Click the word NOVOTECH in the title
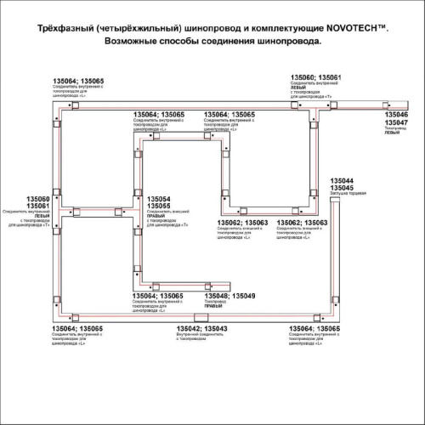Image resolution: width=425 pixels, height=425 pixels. click(348, 28)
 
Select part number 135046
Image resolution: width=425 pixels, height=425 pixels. click(396, 114)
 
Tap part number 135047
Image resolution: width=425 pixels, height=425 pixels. click(396, 123)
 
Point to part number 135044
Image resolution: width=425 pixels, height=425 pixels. click(341, 180)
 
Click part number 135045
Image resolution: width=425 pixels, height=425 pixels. click(341, 188)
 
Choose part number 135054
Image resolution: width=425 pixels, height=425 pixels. click(159, 199)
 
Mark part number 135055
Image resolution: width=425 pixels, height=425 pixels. click(159, 207)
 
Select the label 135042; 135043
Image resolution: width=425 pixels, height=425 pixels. click(201, 328)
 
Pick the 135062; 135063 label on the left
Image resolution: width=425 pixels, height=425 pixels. click(243, 223)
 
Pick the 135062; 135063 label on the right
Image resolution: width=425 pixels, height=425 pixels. click(302, 223)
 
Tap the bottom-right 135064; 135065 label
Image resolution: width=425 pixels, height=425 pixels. click(315, 328)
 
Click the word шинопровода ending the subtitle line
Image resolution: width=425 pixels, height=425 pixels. click(291, 41)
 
